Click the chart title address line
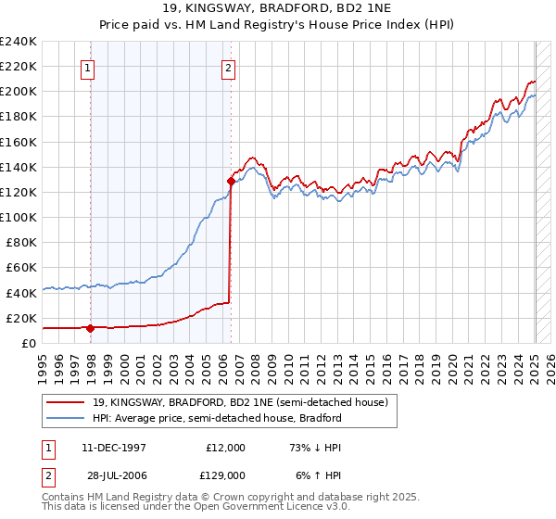click(x=277, y=8)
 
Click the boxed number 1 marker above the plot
click(x=88, y=67)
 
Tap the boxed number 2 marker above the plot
click(x=228, y=67)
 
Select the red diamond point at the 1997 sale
click(x=90, y=327)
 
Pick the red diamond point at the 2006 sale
click(x=230, y=181)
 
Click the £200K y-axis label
click(x=19, y=92)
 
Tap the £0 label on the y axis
click(x=28, y=343)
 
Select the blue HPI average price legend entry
click(x=216, y=418)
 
